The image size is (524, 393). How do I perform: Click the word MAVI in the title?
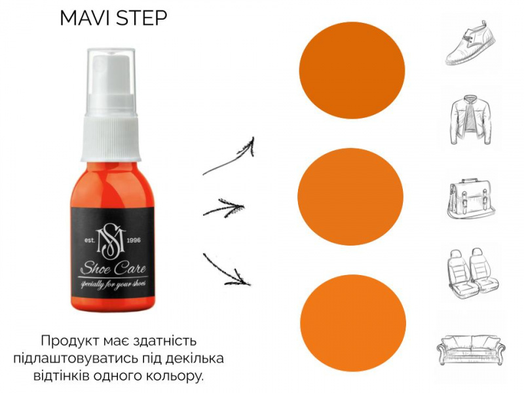84,18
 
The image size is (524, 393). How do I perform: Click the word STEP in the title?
141,18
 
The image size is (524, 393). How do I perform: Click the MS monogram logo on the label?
111,241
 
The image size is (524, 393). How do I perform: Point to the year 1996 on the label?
134,240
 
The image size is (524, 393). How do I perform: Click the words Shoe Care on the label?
113,268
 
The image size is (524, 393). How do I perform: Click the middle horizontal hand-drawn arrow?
224,208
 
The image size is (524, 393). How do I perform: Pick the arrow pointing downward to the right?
227,270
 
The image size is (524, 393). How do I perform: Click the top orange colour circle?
352,70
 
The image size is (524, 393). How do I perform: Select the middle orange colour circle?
350,196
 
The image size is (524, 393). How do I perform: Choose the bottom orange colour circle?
353,323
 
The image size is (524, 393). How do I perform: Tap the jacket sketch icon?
471,120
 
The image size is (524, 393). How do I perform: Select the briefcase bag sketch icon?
471,198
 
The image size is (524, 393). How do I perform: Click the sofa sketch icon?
471,350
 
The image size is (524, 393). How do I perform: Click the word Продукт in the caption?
69,341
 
